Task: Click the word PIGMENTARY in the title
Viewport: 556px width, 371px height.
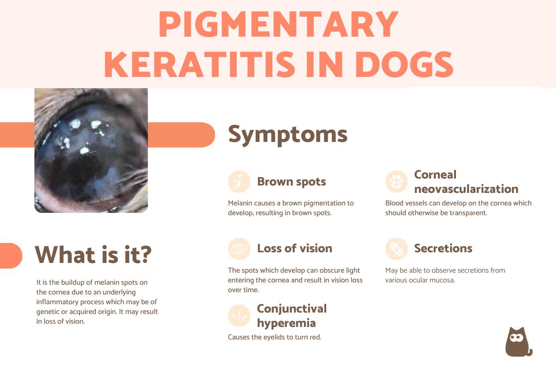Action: (x=278, y=24)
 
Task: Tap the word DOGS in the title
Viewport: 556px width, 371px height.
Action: (x=404, y=64)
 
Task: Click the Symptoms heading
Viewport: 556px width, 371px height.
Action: (x=288, y=135)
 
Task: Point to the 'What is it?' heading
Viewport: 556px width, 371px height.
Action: (x=93, y=254)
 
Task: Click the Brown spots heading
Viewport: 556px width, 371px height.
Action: (x=291, y=181)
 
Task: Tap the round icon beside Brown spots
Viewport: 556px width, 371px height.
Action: (x=239, y=181)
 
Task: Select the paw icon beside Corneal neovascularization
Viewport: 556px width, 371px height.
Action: (x=397, y=181)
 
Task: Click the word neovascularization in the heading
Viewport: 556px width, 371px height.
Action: (x=466, y=189)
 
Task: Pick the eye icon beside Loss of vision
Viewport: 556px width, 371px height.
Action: (x=239, y=249)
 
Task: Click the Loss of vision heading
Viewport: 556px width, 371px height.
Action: (x=295, y=248)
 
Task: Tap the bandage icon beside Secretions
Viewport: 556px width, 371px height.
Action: (x=397, y=249)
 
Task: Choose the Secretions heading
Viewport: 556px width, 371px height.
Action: (x=443, y=248)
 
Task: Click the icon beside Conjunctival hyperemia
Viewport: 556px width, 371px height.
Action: (x=239, y=316)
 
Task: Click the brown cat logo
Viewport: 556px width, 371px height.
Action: (x=518, y=342)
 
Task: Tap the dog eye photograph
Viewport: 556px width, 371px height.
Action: (x=91, y=150)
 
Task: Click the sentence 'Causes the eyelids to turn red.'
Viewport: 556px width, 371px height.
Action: (x=274, y=337)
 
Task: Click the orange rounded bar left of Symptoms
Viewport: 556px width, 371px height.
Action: (x=182, y=135)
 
